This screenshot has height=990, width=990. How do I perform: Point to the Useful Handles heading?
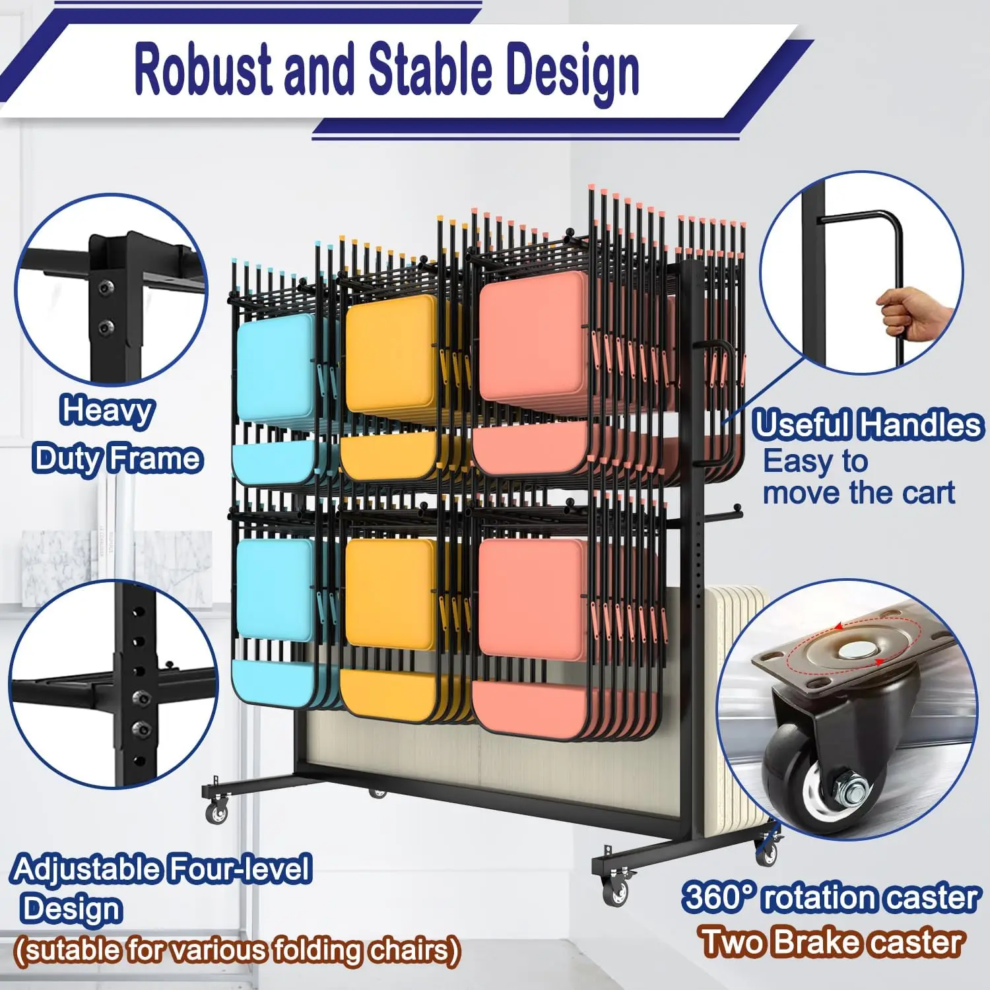click(867, 424)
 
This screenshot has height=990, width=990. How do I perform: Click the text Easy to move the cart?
click(858, 477)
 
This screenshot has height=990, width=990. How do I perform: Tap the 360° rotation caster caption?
click(830, 898)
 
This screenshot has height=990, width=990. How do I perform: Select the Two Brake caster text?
click(830, 942)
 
